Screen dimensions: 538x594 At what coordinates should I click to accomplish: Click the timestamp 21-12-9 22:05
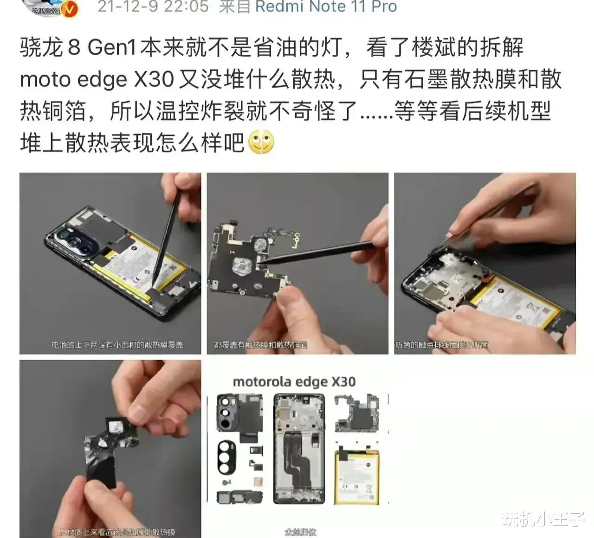[153, 6]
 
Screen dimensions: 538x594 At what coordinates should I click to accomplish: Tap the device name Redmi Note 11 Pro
[326, 6]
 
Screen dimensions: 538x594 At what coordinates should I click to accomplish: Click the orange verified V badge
[70, 9]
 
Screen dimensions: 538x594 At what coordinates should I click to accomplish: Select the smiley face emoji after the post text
[261, 143]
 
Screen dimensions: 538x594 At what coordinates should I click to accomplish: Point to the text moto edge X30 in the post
[97, 80]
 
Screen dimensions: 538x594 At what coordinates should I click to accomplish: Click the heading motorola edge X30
[294, 382]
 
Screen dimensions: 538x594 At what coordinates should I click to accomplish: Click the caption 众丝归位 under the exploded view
[300, 532]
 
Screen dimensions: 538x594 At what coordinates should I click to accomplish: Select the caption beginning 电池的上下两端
[117, 345]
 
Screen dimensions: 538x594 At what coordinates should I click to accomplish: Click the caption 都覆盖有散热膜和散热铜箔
[260, 345]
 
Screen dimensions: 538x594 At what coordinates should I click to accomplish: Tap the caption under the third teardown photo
[441, 345]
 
